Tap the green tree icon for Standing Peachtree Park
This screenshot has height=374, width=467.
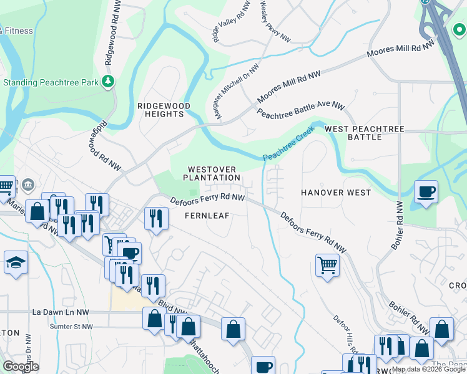coord(109,81)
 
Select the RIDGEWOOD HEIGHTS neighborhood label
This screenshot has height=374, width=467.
coord(164,110)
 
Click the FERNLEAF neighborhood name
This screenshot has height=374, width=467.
coord(208,215)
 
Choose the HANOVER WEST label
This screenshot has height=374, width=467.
coord(336,193)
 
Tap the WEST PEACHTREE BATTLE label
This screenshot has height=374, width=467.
coord(364,133)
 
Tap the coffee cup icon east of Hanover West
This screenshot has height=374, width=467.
coord(426,192)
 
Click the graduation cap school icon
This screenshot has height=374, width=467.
coord(16,262)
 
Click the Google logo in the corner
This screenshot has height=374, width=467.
coord(21,367)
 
